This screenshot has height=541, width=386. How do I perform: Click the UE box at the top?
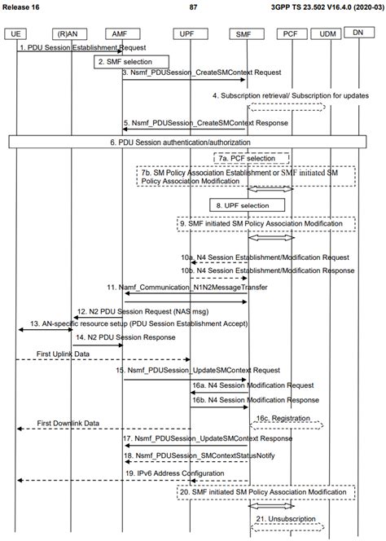tap(15, 34)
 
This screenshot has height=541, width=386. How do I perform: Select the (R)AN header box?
tap(70, 34)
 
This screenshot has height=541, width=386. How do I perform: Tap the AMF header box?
tap(122, 34)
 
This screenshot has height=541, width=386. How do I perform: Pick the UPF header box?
tap(191, 34)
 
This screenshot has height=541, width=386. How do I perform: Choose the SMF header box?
tap(247, 34)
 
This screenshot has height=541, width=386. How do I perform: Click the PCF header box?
tap(292, 34)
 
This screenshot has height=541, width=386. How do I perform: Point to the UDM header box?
tap(326, 34)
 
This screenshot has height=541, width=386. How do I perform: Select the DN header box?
tap(359, 33)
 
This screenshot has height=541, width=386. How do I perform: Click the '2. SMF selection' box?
tap(131, 62)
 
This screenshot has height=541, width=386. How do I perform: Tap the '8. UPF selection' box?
tap(248, 205)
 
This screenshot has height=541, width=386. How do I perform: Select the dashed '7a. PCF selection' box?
tap(252, 158)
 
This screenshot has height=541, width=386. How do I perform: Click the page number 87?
tap(194, 7)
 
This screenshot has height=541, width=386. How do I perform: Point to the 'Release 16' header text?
tap(20, 7)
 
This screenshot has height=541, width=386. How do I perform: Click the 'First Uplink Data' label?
tap(63, 354)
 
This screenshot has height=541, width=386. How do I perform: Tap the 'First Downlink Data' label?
tap(68, 423)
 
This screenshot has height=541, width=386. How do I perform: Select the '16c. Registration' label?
tap(283, 418)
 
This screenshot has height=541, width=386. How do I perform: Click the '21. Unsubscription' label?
tap(286, 518)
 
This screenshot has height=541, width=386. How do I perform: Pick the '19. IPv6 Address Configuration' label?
tap(174, 473)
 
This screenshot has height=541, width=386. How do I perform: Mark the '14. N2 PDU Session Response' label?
tap(125, 337)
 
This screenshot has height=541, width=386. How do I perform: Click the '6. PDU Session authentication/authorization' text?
tap(181, 142)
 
